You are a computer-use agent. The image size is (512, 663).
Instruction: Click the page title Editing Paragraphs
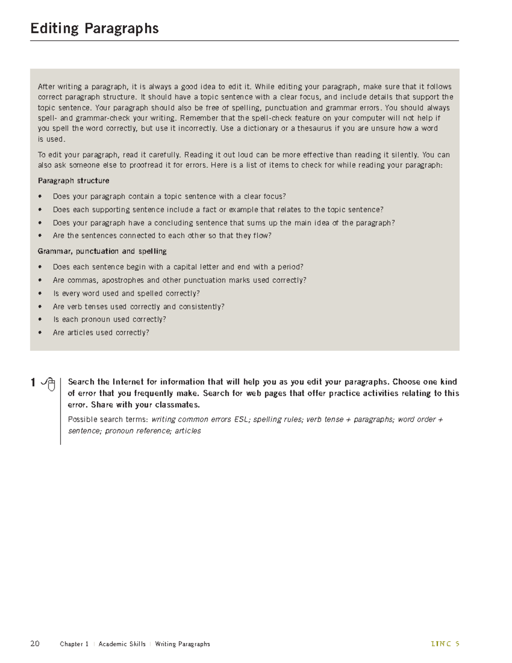click(x=94, y=29)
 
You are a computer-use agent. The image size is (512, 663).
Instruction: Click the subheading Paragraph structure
click(x=73, y=181)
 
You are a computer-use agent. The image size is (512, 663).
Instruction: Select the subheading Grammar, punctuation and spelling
click(x=102, y=251)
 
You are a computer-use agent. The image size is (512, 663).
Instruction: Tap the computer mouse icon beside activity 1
click(x=49, y=383)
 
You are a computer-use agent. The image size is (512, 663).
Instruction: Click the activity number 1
click(x=33, y=383)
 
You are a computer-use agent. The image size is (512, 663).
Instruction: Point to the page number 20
click(x=35, y=643)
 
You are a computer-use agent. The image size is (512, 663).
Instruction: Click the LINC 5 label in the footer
click(x=445, y=644)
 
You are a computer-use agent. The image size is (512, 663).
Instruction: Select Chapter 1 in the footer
click(x=74, y=644)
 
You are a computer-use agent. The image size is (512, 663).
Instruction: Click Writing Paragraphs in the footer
click(x=182, y=644)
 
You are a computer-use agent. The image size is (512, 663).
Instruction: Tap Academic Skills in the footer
click(x=122, y=644)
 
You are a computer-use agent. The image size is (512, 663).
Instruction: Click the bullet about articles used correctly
click(x=101, y=333)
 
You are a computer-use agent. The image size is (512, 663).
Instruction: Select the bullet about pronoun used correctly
click(x=109, y=319)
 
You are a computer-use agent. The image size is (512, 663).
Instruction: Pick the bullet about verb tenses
click(x=138, y=307)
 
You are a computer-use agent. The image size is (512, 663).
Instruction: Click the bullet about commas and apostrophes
click(x=179, y=280)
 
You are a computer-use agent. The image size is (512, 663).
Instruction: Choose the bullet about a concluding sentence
click(x=224, y=223)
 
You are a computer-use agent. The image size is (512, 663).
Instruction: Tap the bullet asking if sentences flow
click(x=162, y=236)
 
